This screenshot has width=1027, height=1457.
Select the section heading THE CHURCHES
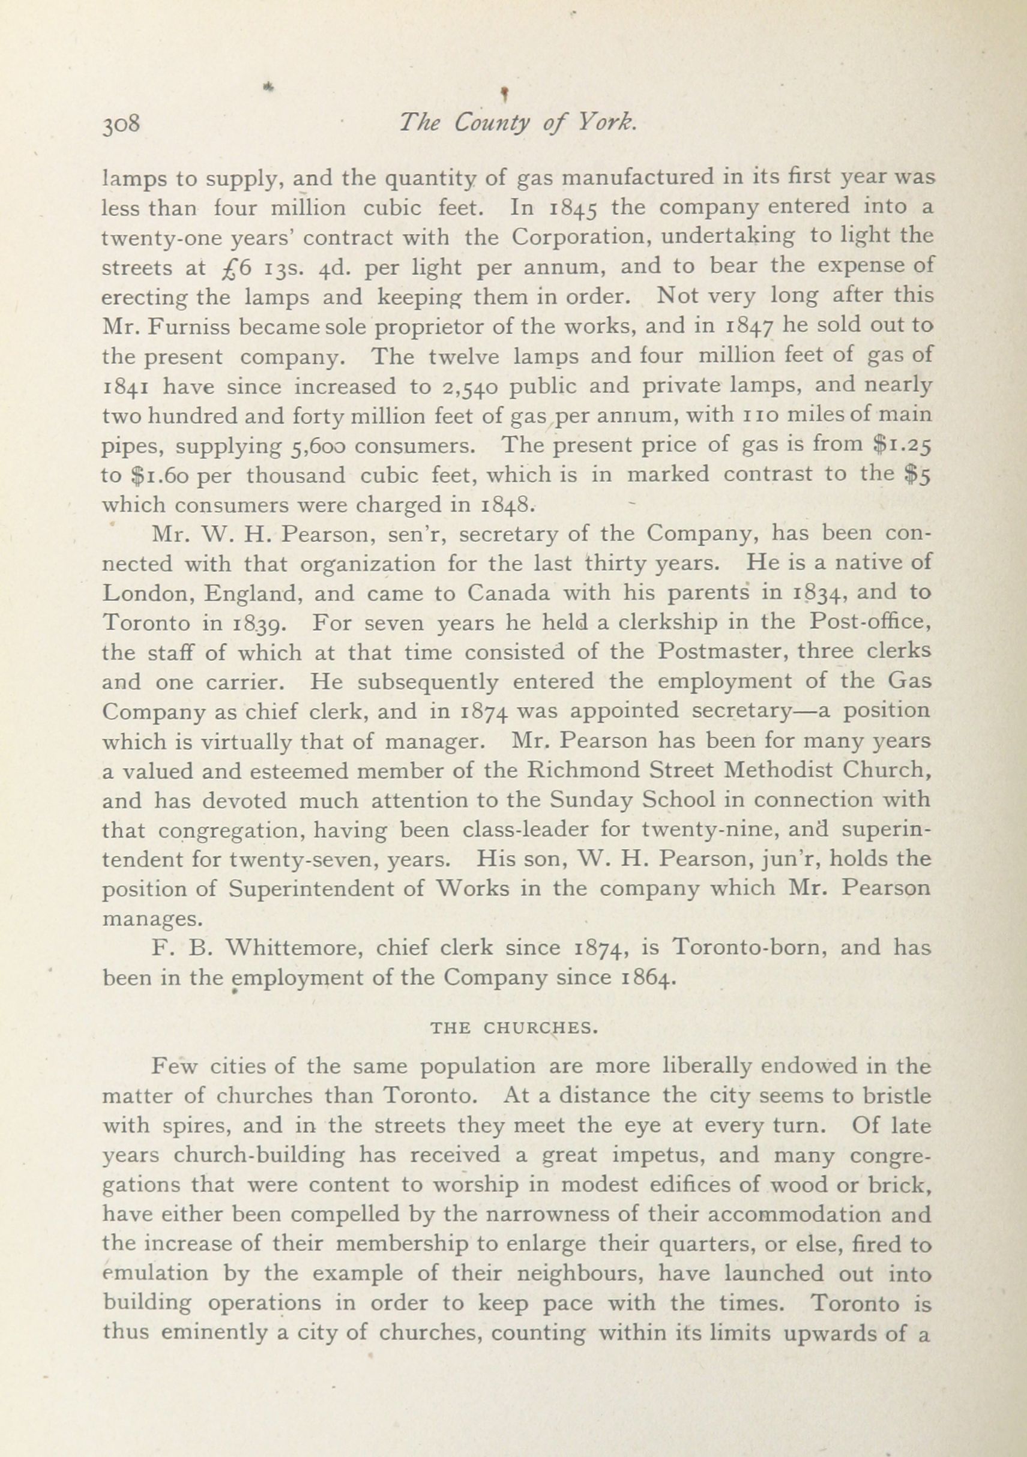[514, 1028]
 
